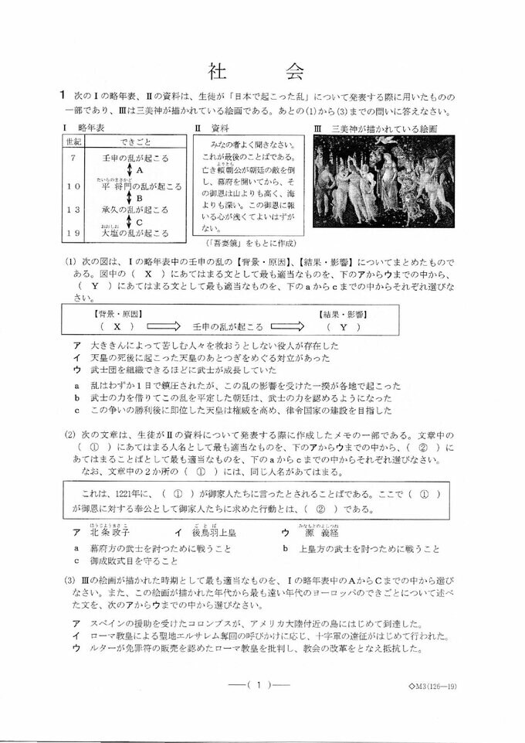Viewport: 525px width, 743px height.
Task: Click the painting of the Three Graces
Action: (x=383, y=181)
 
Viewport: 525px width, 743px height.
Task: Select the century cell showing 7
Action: (x=72, y=157)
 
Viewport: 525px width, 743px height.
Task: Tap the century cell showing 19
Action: (x=73, y=232)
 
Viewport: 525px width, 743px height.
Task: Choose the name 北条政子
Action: (x=110, y=533)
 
